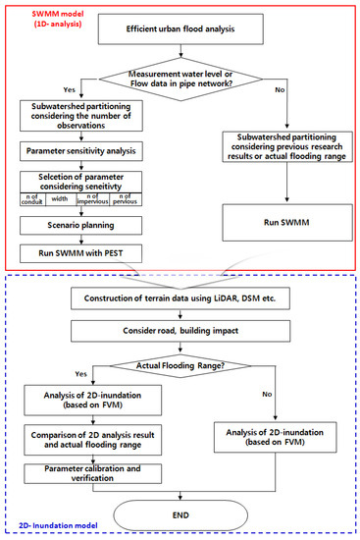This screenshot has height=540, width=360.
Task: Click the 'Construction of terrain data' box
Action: (182, 297)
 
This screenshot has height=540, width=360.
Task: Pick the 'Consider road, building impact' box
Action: (182, 329)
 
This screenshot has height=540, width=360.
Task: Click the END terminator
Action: (182, 512)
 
